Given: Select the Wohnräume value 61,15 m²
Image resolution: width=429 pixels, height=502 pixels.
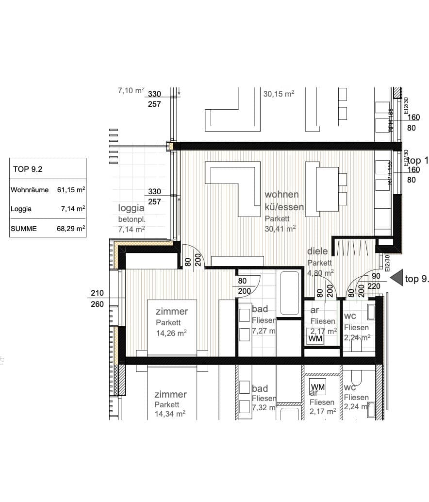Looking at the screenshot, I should point(71,190).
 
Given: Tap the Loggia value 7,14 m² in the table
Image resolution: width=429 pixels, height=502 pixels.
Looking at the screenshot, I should point(74,209).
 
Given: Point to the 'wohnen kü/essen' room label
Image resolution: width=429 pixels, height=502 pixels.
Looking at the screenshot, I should point(284,201).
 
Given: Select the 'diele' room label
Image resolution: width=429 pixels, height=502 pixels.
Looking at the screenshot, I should point(317,251).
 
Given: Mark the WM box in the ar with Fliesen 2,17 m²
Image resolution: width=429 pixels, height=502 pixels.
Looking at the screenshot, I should point(315,337).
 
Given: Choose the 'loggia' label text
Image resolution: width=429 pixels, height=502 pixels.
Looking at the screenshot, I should point(132,209).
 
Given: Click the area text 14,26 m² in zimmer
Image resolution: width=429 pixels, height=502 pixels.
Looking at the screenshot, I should point(171,333).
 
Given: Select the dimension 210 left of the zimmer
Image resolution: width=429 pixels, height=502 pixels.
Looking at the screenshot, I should point(98,293).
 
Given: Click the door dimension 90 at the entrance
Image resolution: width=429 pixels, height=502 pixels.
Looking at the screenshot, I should point(376,276).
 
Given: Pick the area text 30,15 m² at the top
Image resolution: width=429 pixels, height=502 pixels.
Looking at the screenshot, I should point(279,94).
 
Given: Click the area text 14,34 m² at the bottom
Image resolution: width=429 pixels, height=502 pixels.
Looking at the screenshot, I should point(170,414).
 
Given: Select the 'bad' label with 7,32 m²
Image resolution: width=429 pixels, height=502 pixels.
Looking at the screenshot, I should point(260,388).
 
